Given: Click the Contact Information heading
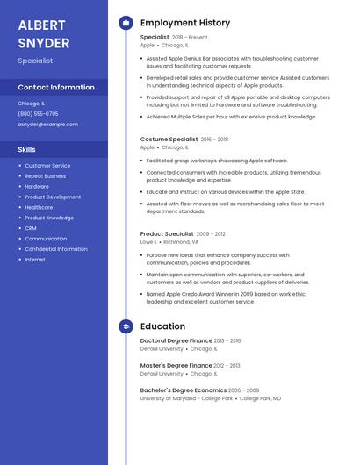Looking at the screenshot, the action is coord(56,88).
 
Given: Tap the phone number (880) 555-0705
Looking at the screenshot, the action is coord(38,114).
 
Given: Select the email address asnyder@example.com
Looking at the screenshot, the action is coord(47,125).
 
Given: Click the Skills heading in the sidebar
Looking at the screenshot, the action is coord(26,150).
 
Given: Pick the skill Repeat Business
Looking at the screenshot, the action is coord(45,176).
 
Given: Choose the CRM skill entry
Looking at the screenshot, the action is coord(31,228).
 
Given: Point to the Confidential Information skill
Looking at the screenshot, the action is coord(56,249).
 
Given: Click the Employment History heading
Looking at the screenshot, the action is coord(185,23).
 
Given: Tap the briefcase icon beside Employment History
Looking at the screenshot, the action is coord(126,23).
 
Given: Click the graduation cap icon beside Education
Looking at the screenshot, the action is coord(126,326).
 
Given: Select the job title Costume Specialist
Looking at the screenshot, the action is coord(169,139).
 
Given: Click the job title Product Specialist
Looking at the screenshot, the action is coord(167,234).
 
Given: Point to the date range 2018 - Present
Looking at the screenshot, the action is coord(190,38).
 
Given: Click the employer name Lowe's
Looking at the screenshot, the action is coord(148,242).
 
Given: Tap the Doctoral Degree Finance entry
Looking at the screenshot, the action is coord(176,340).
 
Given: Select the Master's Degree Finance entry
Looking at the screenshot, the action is coord(176,365).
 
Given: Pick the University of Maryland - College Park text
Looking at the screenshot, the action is coord(186,398).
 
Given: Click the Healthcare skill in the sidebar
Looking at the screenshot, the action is coord(39,208).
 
